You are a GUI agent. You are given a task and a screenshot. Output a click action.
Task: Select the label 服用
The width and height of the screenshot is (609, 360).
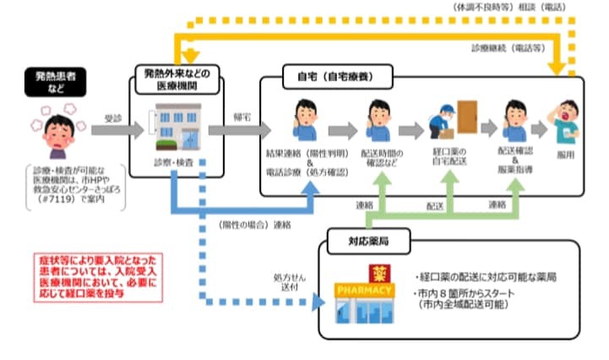pyautogui.click(x=565, y=157)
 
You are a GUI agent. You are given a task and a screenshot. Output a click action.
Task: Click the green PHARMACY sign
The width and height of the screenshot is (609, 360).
pyautogui.click(x=364, y=291)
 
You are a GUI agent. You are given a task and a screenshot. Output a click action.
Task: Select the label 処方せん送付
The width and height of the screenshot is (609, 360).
pyautogui.click(x=287, y=282)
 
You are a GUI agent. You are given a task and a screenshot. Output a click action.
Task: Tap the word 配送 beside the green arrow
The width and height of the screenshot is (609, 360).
pyautogui.click(x=434, y=205)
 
